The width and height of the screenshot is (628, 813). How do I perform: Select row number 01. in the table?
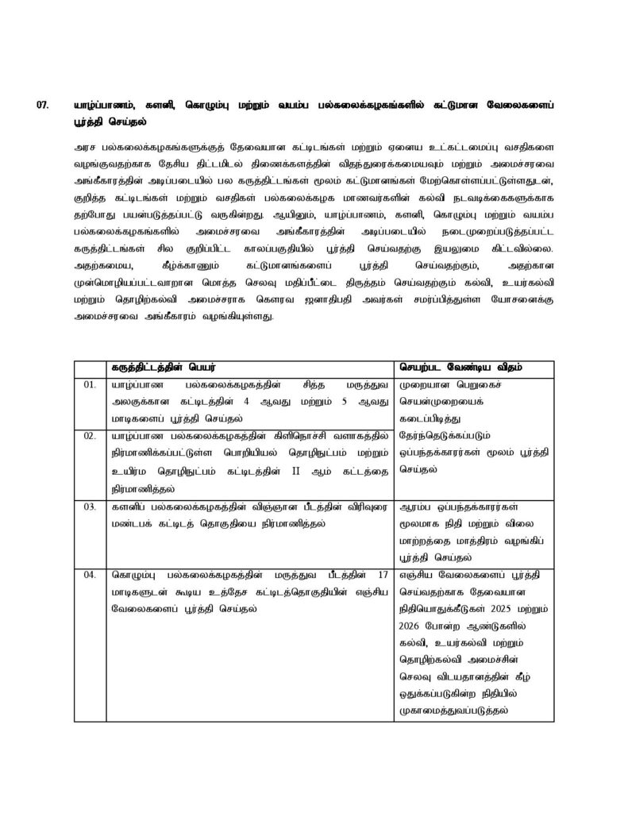[90, 385]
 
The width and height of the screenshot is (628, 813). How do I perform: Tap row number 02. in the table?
[90, 435]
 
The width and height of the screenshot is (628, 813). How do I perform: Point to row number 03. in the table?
[90, 506]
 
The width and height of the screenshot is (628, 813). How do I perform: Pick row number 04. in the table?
[90, 575]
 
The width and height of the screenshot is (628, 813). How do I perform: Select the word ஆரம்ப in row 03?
[417, 506]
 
